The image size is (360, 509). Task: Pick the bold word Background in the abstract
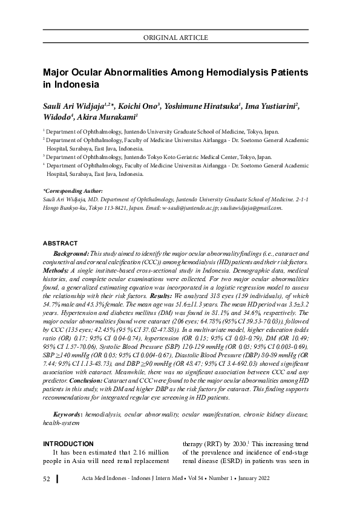(70, 253)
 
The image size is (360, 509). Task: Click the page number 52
(46, 479)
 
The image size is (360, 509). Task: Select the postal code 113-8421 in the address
(107, 207)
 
